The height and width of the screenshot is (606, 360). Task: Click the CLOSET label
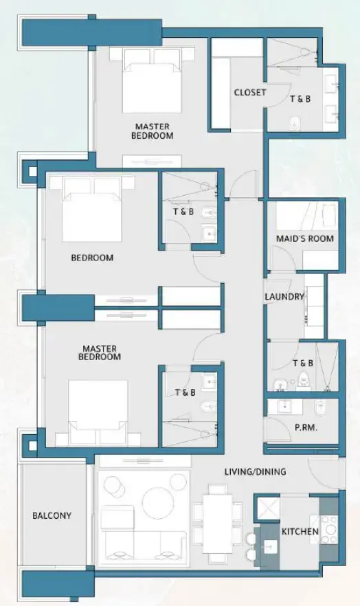(249, 93)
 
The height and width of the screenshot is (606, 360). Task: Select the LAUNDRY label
(284, 297)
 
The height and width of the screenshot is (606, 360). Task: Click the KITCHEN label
(300, 532)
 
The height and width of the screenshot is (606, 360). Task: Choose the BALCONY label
(52, 515)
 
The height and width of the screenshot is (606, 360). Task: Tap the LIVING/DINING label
(255, 472)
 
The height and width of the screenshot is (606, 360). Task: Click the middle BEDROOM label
(92, 258)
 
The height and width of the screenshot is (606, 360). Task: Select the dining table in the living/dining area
(217, 523)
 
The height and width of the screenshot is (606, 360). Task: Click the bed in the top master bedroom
(152, 80)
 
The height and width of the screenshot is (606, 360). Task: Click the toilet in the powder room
(320, 407)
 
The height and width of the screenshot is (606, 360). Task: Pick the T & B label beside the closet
(300, 99)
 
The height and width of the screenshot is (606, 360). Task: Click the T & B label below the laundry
(303, 363)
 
